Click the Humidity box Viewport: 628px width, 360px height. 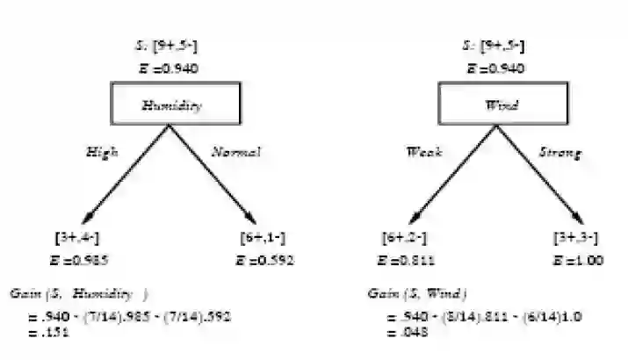point(172,105)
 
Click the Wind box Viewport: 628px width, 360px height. point(502,105)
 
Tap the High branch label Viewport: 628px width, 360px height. point(102,152)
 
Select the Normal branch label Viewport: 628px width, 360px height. point(236,152)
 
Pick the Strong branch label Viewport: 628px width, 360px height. point(559,153)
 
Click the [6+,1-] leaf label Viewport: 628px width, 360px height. point(263,238)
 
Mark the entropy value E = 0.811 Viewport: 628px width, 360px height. point(405,260)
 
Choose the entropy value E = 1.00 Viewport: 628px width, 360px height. point(576,260)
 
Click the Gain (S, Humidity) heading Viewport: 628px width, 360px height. point(78,293)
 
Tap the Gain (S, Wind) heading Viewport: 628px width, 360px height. point(416,293)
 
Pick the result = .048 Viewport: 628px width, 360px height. point(402,333)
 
